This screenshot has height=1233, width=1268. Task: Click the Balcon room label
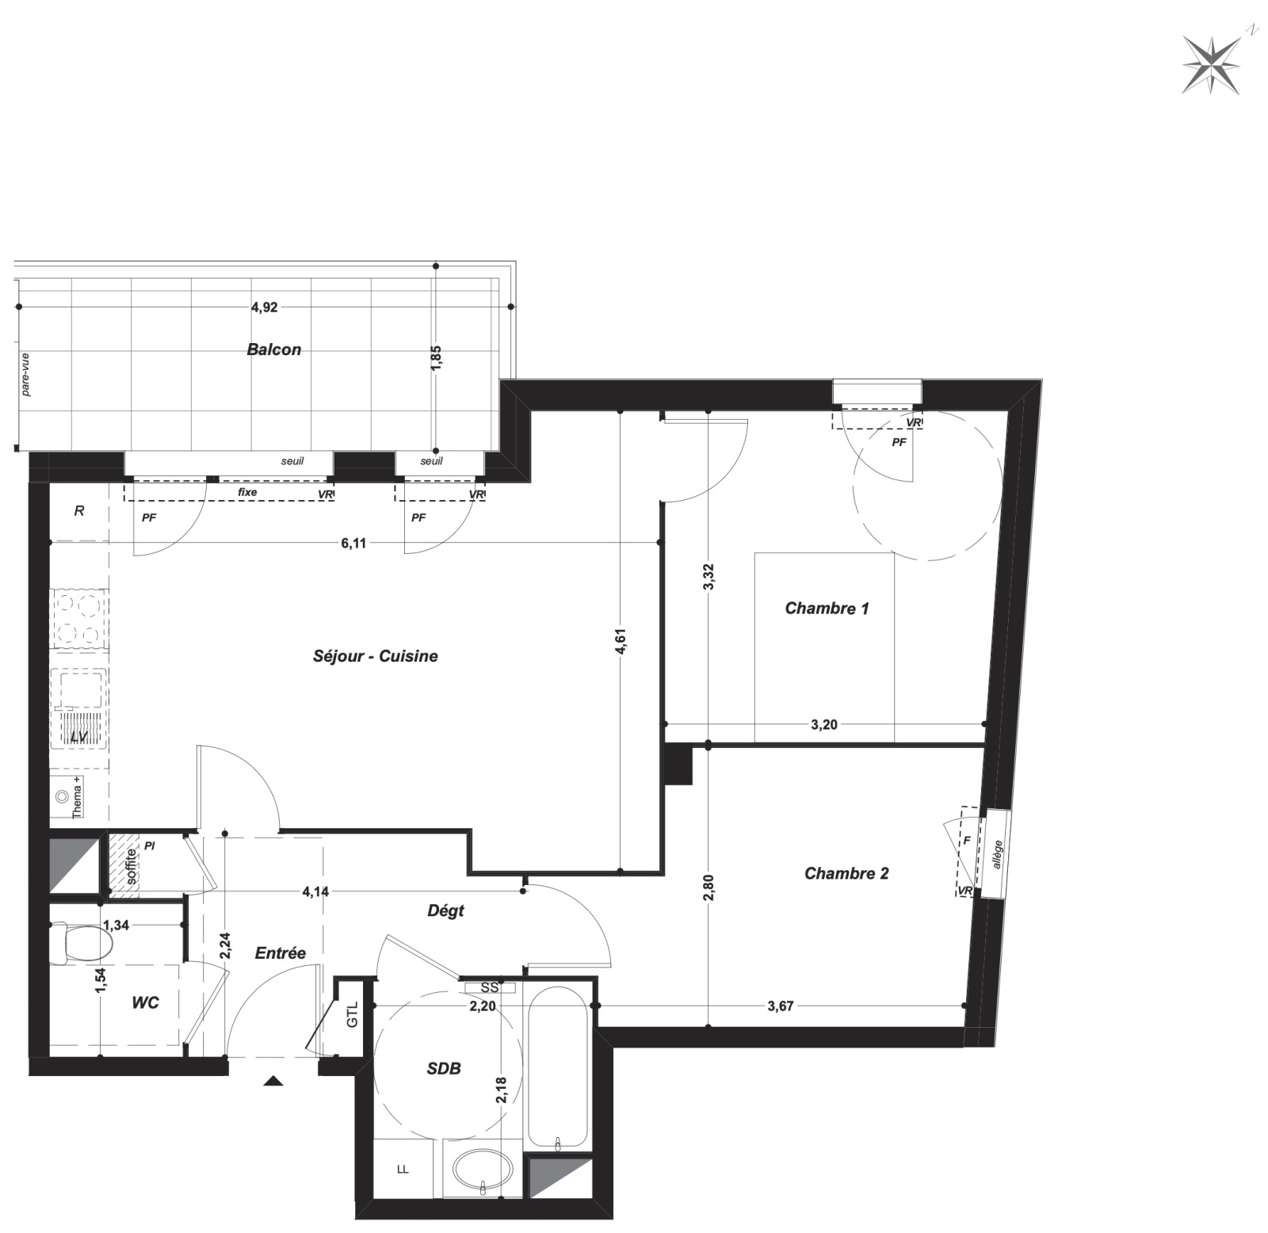(x=274, y=349)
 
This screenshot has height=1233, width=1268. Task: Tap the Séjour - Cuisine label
(x=376, y=656)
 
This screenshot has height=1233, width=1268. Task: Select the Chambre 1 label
(x=827, y=609)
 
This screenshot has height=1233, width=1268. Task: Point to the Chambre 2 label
(x=846, y=873)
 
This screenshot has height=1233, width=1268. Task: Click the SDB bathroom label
(x=444, y=1068)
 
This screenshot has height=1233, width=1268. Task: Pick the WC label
(x=145, y=1002)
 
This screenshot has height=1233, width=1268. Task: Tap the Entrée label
(x=281, y=953)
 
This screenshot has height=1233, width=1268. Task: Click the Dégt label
(x=445, y=911)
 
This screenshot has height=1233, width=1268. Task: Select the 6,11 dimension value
(x=353, y=543)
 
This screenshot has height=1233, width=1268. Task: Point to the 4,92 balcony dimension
(x=265, y=307)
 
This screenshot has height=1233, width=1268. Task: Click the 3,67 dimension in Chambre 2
(x=781, y=1006)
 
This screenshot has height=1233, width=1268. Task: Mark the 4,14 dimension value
(x=315, y=891)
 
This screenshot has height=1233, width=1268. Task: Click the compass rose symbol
(x=1212, y=64)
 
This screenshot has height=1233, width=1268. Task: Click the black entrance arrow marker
(x=273, y=1080)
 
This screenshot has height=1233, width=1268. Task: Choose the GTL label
(x=353, y=1014)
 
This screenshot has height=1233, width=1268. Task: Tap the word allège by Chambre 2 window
(x=998, y=854)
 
